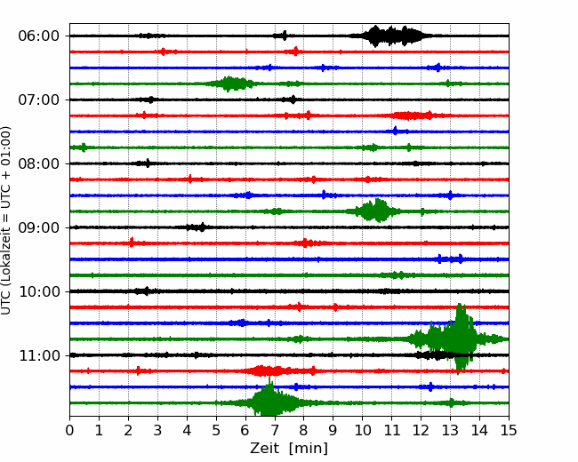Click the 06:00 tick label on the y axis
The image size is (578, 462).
tap(39, 36)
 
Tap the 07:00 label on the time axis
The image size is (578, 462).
tap(39, 100)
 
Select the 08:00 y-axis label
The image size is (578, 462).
tap(39, 163)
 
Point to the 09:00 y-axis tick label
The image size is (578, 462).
tap(39, 227)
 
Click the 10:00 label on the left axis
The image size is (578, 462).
tap(39, 291)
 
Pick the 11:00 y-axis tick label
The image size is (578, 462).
tap(39, 355)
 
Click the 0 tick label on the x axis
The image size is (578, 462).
tap(69, 430)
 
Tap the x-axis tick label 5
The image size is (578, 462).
tap(216, 430)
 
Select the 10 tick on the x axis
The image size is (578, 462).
tap(362, 430)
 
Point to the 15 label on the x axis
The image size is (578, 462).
tap(509, 430)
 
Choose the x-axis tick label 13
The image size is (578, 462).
tap(450, 430)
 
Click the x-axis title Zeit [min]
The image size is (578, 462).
tap(289, 449)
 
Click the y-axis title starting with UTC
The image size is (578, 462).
tap(6, 220)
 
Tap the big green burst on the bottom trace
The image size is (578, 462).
tap(271, 401)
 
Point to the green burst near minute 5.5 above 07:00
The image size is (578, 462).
tap(230, 84)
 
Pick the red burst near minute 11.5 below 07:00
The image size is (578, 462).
tap(411, 115)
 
